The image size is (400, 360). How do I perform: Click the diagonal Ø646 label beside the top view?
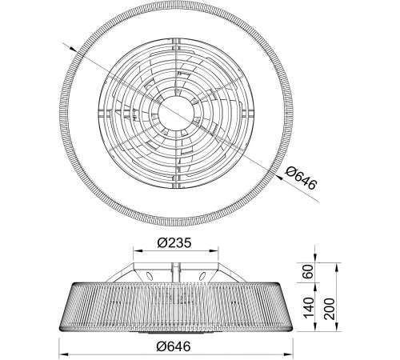coord(302,178)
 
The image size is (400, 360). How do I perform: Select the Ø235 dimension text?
coord(174,243)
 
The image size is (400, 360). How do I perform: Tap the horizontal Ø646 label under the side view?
coord(174,346)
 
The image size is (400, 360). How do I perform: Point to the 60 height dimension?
coord(309,271)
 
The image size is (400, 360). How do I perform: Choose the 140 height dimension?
coord(309,307)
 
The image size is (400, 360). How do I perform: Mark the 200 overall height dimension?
coord(330,309)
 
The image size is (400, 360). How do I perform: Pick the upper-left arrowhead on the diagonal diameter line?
coord(74,50)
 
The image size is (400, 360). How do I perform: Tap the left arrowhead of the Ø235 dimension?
coord(138,250)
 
